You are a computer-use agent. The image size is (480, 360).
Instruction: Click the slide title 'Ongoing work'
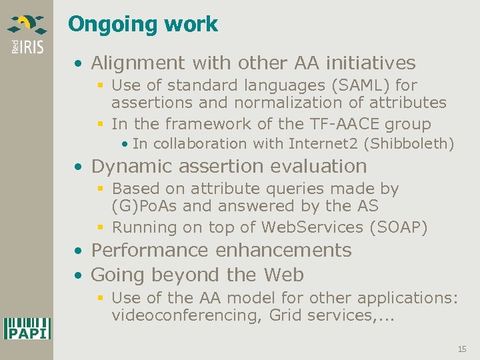click(x=143, y=25)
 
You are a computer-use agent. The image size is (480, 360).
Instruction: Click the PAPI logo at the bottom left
click(x=27, y=328)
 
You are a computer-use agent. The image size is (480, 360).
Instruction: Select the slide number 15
click(x=462, y=349)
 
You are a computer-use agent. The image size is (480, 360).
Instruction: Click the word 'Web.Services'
click(x=312, y=227)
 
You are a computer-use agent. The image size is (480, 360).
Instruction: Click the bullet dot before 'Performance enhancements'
click(x=79, y=251)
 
